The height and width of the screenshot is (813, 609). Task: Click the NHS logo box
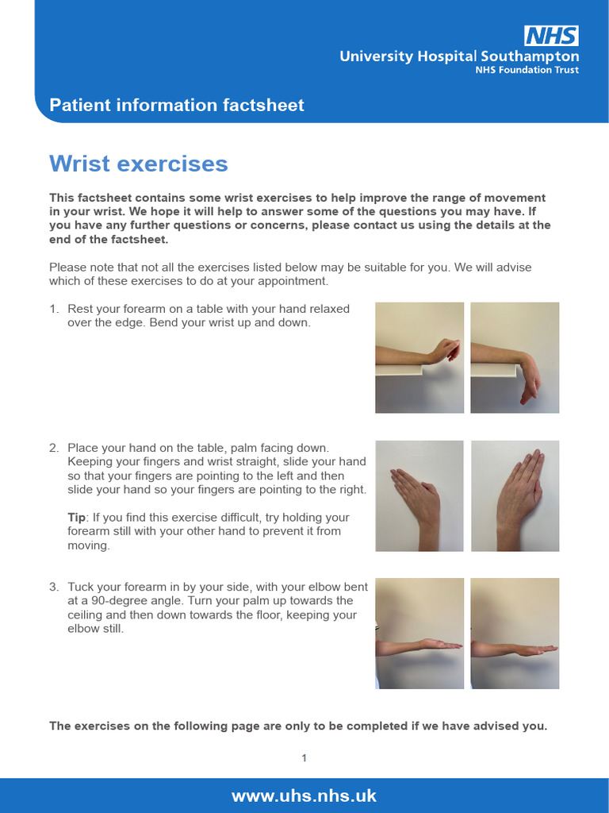(551, 36)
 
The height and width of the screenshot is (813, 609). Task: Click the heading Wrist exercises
(139, 164)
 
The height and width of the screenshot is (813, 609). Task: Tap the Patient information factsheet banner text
(177, 105)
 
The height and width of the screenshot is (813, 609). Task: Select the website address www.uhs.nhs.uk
(304, 796)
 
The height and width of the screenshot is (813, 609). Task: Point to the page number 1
(304, 758)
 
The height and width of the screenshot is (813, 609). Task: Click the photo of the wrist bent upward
(419, 357)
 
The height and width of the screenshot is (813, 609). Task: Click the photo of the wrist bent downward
(515, 357)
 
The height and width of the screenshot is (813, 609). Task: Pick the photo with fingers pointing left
(419, 496)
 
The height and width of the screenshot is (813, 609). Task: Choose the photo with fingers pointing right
(515, 496)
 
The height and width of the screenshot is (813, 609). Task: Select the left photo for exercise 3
(419, 633)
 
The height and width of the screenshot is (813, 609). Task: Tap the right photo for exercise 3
(515, 633)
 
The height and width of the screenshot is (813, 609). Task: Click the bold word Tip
(77, 518)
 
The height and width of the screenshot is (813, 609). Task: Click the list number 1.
(54, 309)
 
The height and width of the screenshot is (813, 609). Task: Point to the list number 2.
(54, 449)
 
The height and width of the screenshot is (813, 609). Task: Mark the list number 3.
(54, 587)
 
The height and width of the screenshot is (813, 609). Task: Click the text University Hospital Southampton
(459, 56)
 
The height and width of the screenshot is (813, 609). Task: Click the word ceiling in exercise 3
(86, 615)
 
